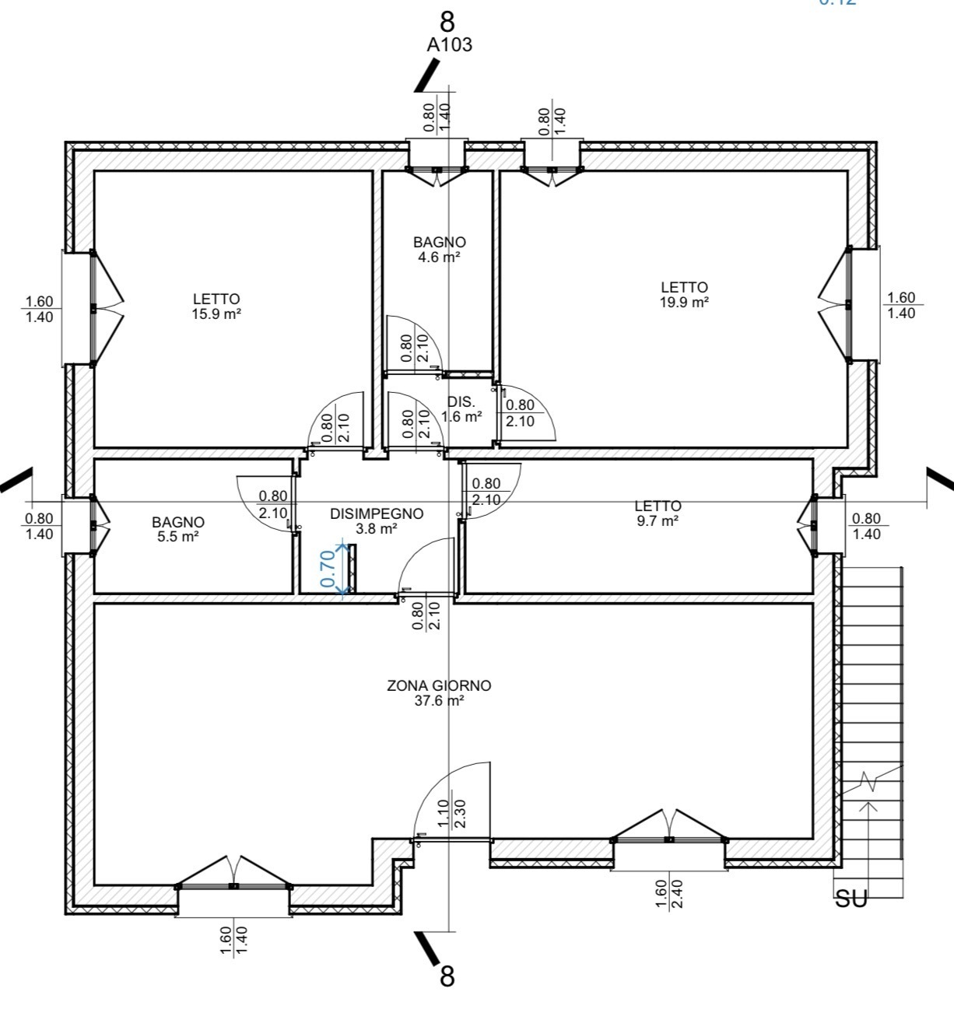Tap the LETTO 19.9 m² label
tap(684, 295)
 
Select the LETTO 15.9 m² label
tap(216, 306)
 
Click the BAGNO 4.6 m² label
tap(440, 250)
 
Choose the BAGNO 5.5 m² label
tap(178, 529)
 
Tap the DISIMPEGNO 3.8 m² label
tap(377, 521)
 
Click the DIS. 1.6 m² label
tap(461, 409)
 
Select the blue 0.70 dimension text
tap(328, 568)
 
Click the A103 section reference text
tap(449, 45)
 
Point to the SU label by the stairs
tap(851, 899)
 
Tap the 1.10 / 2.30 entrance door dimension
tap(451, 813)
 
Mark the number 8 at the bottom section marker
tap(447, 976)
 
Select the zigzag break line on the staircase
tap(870, 782)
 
